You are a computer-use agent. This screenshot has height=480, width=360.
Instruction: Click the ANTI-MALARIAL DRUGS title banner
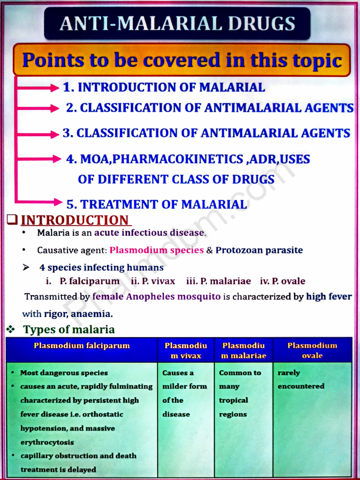point(177,23)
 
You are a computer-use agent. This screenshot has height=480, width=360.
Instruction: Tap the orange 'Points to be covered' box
point(182,60)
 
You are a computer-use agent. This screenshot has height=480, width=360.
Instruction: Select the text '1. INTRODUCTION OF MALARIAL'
point(164,87)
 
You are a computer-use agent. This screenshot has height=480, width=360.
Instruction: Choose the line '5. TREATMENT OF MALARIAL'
point(157,204)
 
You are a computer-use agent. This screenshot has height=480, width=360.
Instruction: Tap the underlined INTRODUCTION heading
point(75,220)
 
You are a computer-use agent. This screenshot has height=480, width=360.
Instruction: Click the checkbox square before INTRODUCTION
point(13,219)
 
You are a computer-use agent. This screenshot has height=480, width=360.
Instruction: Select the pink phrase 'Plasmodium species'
point(157,250)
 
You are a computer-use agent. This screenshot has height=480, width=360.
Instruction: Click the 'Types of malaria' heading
point(69,330)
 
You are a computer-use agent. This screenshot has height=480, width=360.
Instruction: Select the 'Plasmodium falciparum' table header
point(82,346)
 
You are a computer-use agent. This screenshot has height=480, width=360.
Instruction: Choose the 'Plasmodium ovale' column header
point(312,351)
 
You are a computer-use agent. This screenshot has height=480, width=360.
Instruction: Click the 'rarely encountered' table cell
point(301,380)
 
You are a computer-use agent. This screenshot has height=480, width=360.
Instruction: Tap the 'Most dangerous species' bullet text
point(64,373)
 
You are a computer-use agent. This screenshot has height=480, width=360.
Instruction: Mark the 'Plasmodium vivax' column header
point(186,351)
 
